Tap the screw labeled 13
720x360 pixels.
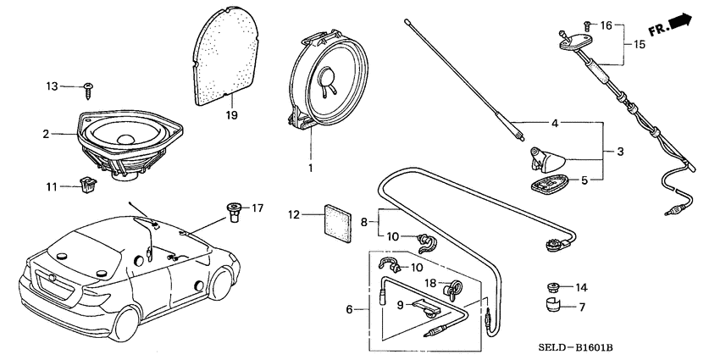point(88,86)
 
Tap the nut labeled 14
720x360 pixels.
point(554,287)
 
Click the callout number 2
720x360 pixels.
point(47,133)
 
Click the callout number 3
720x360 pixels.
point(621,152)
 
